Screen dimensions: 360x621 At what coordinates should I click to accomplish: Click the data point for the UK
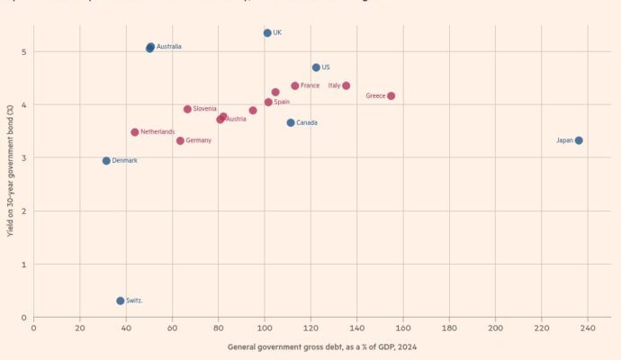pos(267,33)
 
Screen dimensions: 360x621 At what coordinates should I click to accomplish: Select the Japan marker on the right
pos(579,140)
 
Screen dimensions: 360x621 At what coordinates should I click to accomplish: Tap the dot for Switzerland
pos(121,301)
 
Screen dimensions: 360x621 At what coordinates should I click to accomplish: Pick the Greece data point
pos(391,95)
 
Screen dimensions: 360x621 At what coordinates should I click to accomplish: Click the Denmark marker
pos(106,161)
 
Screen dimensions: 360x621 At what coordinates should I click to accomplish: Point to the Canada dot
pos(291,122)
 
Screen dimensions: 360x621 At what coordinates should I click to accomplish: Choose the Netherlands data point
pos(135,132)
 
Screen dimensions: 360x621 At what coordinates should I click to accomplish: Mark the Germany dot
pos(180,140)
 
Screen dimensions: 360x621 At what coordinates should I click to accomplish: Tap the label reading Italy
pos(334,85)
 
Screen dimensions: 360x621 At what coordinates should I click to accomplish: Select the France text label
pos(310,85)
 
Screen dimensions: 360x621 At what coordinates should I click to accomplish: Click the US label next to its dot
pos(325,67)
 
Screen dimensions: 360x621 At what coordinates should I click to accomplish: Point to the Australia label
pos(168,46)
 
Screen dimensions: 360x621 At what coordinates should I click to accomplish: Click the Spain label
pos(281,103)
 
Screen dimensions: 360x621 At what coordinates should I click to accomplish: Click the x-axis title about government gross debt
pos(321,346)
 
